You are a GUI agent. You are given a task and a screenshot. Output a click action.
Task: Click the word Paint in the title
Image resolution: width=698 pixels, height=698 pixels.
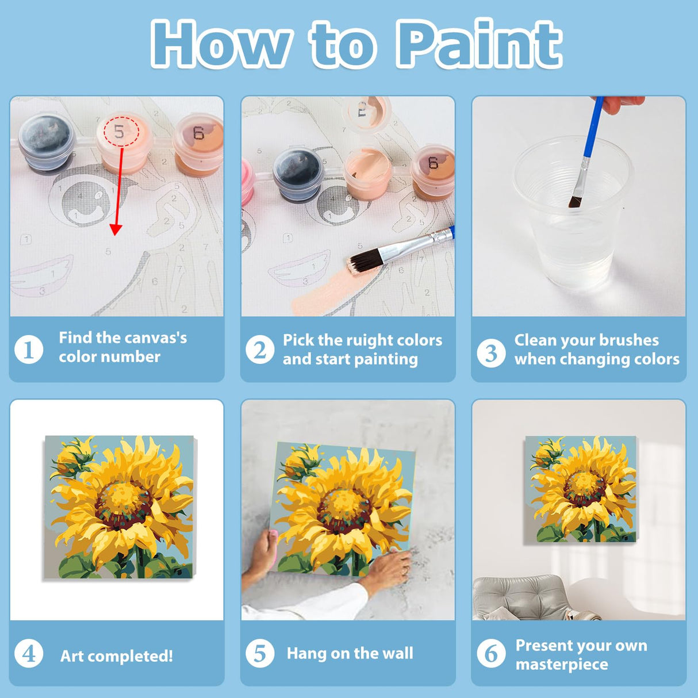point(478,44)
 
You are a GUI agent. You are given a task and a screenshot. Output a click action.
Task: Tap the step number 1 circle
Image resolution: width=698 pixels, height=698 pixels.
point(29,349)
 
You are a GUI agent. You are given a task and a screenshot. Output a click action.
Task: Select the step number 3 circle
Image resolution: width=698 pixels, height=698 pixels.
point(490,352)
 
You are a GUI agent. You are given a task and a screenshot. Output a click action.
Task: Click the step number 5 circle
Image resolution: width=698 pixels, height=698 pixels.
point(259,653)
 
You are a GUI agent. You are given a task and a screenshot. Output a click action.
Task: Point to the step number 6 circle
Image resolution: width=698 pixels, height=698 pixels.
point(490,654)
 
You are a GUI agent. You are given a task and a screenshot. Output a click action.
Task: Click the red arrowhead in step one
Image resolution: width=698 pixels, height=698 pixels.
point(116,229)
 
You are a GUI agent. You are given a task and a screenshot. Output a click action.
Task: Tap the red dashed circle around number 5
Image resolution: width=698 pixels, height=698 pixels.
point(121,132)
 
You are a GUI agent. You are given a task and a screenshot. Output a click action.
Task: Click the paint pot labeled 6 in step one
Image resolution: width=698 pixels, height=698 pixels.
point(198,144)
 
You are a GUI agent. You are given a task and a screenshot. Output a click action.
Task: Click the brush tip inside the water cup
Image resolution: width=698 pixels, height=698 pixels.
point(575,201)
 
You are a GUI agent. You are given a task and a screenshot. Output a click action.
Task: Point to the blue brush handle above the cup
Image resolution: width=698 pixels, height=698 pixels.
point(592,129)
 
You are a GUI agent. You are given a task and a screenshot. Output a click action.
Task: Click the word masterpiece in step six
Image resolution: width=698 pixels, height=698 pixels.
point(561,664)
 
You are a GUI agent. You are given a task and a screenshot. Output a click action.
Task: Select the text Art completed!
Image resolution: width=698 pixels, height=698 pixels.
point(116,656)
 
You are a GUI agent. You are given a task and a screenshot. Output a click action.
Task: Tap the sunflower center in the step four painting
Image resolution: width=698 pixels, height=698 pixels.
point(122,500)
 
